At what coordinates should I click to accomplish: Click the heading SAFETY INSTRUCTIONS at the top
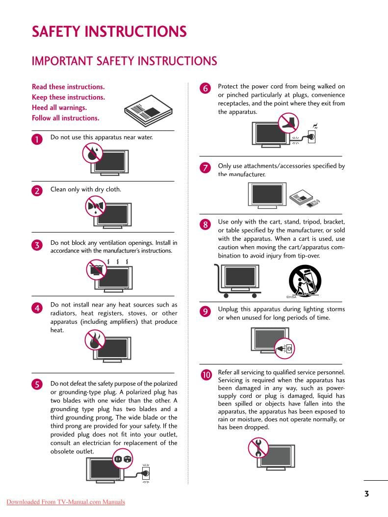[x=109, y=32]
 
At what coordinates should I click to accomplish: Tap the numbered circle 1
[x=37, y=139]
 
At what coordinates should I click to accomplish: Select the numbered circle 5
[x=37, y=385]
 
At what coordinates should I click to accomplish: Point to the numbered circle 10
[x=206, y=375]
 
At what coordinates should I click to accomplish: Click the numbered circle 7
[x=205, y=168]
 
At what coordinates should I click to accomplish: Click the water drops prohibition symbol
[x=92, y=153]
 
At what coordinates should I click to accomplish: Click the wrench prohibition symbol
[x=258, y=447]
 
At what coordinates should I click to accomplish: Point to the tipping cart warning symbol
[x=305, y=281]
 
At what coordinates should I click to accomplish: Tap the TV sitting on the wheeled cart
[x=240, y=277]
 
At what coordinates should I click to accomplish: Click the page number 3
[x=366, y=493]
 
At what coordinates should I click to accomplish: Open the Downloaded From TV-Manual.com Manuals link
[x=66, y=502]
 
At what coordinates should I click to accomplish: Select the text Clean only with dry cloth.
[x=86, y=189]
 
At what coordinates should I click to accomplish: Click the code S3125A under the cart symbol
[x=291, y=297]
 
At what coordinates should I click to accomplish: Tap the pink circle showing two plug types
[x=123, y=459]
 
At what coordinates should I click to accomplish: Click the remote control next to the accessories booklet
[x=315, y=202]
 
